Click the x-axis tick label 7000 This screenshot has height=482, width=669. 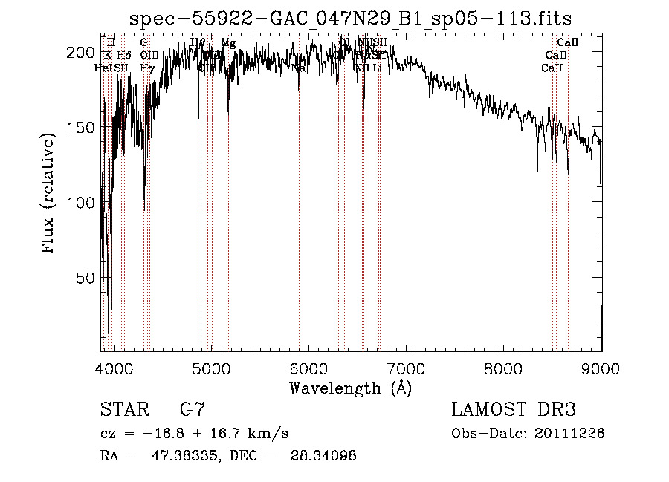pyautogui.click(x=407, y=367)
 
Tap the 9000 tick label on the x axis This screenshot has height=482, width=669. pyautogui.click(x=601, y=367)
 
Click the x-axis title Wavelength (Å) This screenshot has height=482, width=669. pyautogui.click(x=350, y=387)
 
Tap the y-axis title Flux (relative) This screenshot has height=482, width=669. pyautogui.click(x=50, y=195)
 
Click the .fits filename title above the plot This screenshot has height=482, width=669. pyautogui.click(x=350, y=18)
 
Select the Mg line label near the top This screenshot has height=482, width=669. pyautogui.click(x=228, y=43)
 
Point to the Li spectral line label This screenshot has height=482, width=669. pyautogui.click(x=378, y=68)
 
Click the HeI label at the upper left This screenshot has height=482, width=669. pyautogui.click(x=103, y=68)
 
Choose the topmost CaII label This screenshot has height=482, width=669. pyautogui.click(x=568, y=43)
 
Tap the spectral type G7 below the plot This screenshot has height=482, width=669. pyautogui.click(x=193, y=410)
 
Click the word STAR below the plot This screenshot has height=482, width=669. pyautogui.click(x=123, y=410)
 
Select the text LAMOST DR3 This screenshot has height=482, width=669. pyautogui.click(x=514, y=410)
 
